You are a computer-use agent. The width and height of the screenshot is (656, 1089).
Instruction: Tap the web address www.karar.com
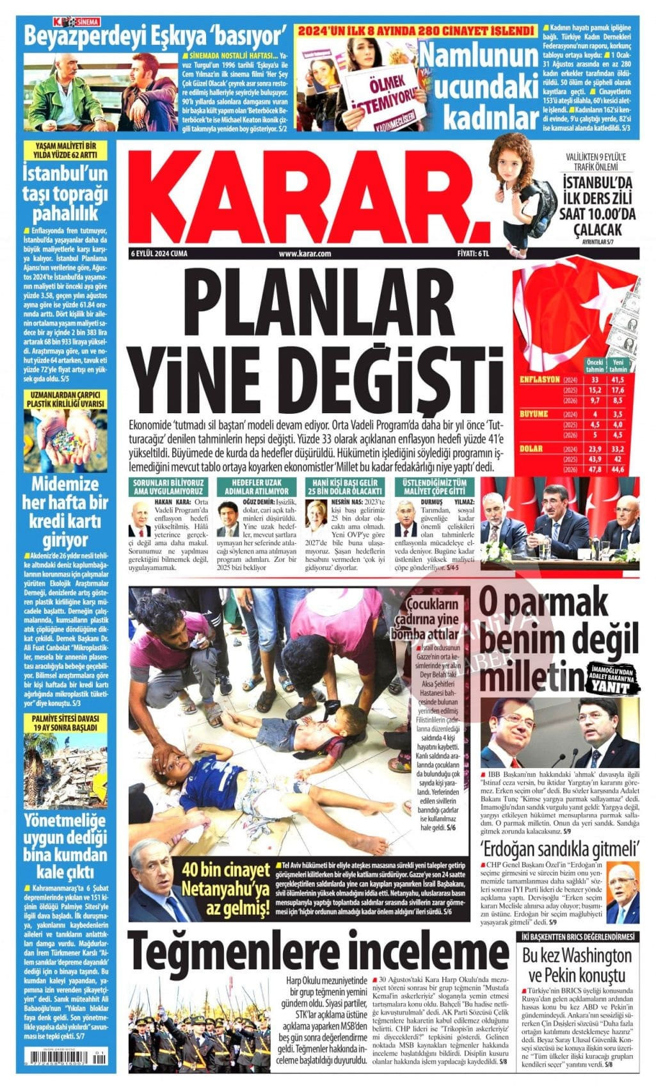coord(305,254)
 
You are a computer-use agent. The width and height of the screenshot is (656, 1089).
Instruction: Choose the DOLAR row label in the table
coord(535,448)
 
